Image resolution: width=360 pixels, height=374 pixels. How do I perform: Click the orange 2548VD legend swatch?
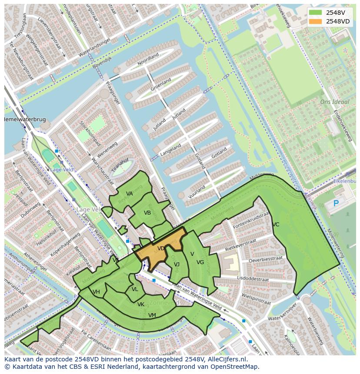(x=316, y=21)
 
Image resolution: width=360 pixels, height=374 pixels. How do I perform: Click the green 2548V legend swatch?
(x=316, y=13)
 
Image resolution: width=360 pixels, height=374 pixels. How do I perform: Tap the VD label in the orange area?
(x=161, y=249)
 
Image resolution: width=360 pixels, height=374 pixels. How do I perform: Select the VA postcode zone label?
(x=129, y=194)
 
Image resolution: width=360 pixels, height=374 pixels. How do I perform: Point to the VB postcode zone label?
(x=147, y=213)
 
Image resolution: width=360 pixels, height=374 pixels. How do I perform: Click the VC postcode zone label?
(x=276, y=225)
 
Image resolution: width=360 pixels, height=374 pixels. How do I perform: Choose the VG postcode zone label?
(x=200, y=262)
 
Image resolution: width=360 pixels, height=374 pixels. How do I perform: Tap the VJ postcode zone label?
(x=177, y=265)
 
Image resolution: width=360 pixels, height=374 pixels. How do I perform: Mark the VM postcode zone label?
(x=152, y=315)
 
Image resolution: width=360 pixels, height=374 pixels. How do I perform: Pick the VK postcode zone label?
(x=140, y=304)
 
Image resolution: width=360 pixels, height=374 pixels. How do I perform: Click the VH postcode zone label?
(x=96, y=292)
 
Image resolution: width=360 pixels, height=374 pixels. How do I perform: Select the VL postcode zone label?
(x=135, y=289)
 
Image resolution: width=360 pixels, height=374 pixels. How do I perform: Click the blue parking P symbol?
(x=336, y=203)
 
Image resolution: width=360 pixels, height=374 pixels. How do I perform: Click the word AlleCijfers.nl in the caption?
(x=226, y=360)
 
